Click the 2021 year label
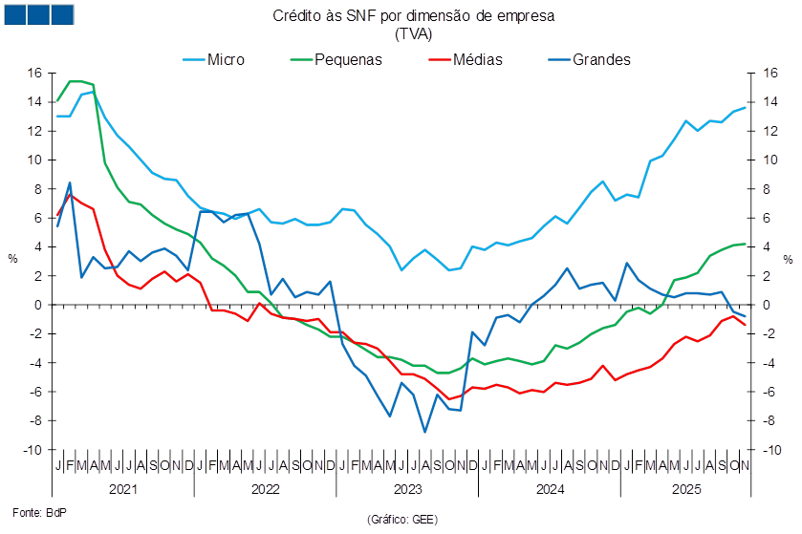121,489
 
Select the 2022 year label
265,489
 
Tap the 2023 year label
408,489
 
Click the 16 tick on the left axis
35,73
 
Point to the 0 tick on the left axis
40,305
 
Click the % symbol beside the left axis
13,258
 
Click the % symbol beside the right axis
789,258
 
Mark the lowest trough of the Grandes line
425,432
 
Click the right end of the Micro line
746,107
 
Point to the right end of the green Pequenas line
746,244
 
